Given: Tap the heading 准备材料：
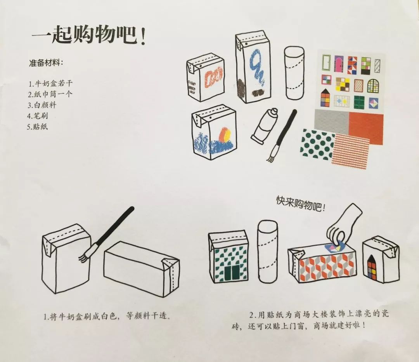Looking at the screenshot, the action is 47,63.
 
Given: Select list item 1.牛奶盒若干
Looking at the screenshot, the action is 50,84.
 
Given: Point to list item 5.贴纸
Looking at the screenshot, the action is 37,127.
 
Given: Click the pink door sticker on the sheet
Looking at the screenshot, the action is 338,64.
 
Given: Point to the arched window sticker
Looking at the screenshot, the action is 373,85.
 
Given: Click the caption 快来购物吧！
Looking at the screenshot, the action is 301,204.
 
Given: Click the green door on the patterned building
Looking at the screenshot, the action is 232,273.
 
